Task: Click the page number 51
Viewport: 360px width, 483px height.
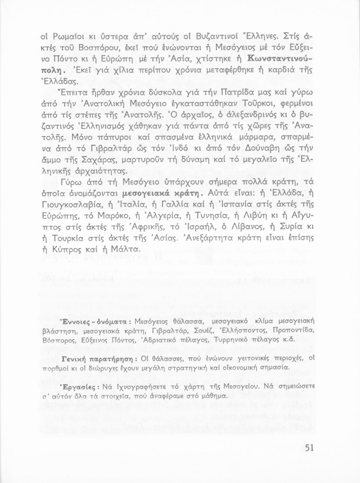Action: pos(309,448)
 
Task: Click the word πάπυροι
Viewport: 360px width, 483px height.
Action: pos(115,138)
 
